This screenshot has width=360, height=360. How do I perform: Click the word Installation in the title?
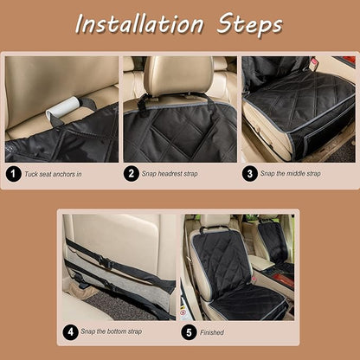click(139, 24)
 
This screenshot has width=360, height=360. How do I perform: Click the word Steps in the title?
click(250, 25)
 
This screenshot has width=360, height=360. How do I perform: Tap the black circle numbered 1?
click(13, 174)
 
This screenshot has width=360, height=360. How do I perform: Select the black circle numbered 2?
click(132, 173)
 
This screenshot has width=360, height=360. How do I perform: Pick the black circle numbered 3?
click(250, 173)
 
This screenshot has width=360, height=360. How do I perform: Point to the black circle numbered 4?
click(70, 332)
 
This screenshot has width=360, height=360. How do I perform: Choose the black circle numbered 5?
click(189, 332)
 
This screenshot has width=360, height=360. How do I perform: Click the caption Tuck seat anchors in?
click(53, 174)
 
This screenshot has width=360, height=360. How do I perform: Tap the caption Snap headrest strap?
click(170, 174)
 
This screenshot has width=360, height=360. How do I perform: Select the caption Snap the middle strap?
click(291, 173)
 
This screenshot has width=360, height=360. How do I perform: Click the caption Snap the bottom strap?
click(112, 331)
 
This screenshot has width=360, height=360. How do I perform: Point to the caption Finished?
click(212, 332)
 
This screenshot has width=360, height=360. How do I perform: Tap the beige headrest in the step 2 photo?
click(178, 75)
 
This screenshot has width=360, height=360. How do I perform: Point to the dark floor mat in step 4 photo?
click(121, 305)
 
